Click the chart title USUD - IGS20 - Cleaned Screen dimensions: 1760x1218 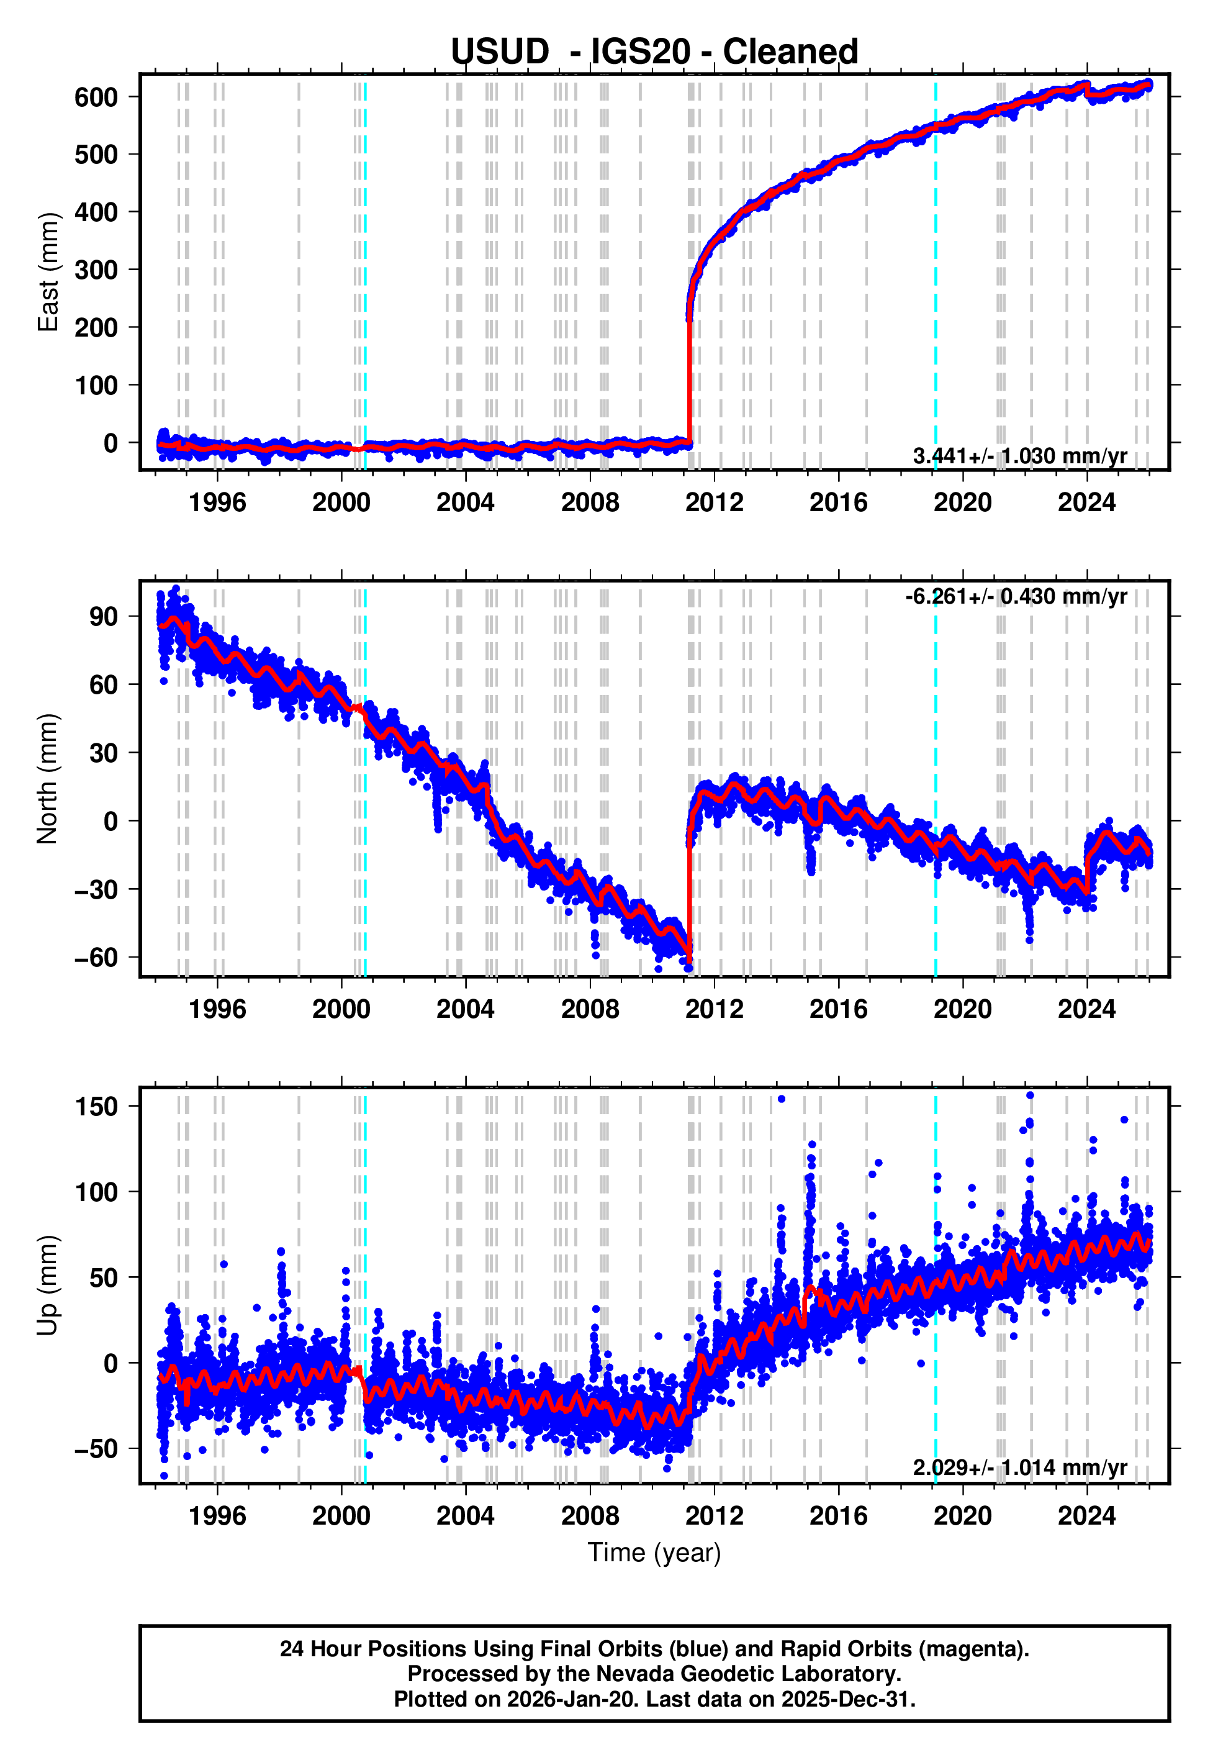pos(654,52)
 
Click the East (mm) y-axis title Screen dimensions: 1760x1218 pos(48,272)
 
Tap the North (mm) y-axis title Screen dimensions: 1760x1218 pos(48,779)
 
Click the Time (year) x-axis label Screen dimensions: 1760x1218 pos(654,1553)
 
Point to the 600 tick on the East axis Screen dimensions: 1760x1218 pos(96,97)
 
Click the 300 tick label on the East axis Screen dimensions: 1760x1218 pos(96,270)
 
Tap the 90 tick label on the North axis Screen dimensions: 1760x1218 pos(103,617)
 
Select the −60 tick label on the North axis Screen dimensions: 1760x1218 pos(96,958)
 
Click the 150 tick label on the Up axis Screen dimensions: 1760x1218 pos(96,1107)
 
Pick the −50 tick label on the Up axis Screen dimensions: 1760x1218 pos(96,1449)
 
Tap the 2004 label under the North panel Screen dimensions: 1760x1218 pos(465,1010)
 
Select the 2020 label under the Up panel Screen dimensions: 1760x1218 pos(962,1516)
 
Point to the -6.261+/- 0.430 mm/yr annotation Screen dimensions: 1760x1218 pos(1016,597)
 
